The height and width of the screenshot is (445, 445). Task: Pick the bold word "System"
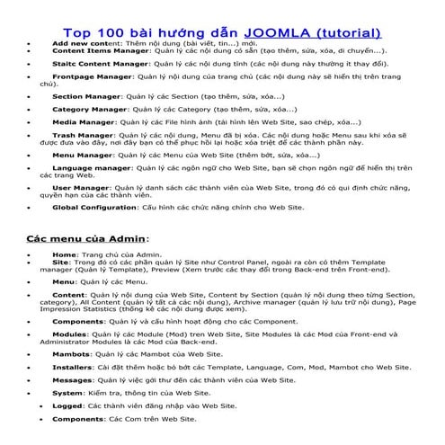(x=67, y=393)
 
